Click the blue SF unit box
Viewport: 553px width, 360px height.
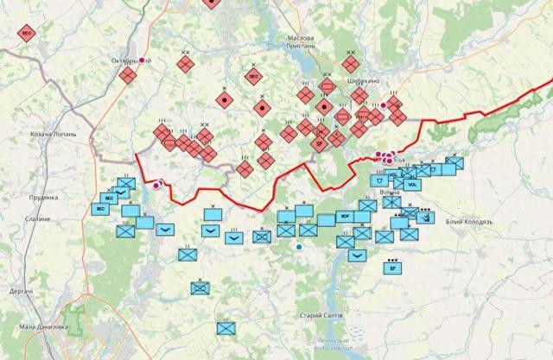click(x=393, y=268)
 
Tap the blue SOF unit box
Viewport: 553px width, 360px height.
click(x=345, y=216)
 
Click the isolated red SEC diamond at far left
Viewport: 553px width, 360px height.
click(x=27, y=34)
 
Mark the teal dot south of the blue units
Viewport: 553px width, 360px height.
click(x=299, y=248)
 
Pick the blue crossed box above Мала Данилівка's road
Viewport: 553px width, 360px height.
click(x=226, y=328)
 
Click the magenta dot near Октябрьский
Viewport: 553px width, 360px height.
click(x=144, y=60)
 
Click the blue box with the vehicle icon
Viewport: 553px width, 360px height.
click(x=424, y=217)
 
